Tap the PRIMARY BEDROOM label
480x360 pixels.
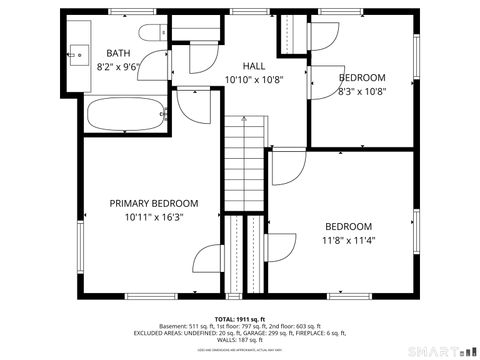(154, 203)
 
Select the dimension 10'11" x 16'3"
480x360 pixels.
(154, 217)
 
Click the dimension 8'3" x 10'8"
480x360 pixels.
(362, 91)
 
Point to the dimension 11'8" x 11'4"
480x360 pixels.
(348, 240)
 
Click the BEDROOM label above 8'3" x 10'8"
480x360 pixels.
(362, 77)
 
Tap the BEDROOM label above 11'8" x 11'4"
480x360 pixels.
(348, 226)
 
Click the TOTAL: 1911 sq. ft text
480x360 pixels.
(240, 319)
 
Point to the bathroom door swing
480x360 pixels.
(192, 103)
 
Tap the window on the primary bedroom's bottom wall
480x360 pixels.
(152, 296)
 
